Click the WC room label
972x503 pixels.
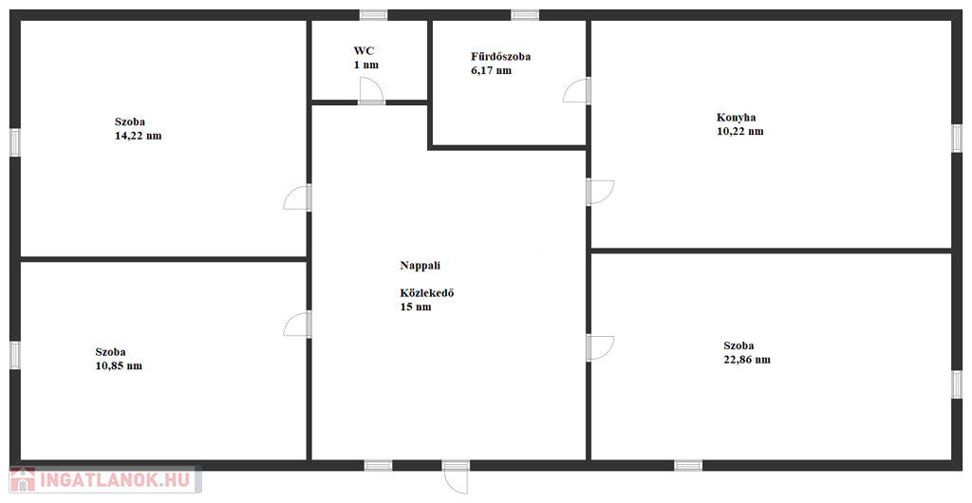pos(364,51)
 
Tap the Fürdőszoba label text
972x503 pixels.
pos(501,57)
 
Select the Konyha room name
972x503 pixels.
pos(736,118)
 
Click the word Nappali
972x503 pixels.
pos(421,266)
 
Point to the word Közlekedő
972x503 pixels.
pos(427,293)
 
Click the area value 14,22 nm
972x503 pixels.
pos(139,136)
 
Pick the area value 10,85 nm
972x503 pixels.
pos(119,365)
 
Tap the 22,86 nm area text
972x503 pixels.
pos(747,360)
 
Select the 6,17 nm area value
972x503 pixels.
pos(492,70)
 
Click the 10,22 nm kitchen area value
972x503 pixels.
pos(740,131)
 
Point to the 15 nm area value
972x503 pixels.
pos(416,307)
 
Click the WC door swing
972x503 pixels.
pos(371,90)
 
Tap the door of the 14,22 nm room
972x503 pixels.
pos(297,197)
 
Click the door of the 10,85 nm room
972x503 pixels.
pos(297,325)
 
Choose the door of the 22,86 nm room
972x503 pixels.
pos(600,348)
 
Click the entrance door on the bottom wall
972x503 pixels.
pos(457,477)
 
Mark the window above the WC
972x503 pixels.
pos(374,15)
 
